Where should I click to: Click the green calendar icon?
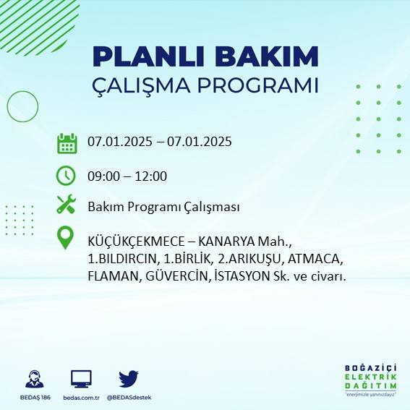(x=67, y=143)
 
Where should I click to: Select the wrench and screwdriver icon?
(x=67, y=205)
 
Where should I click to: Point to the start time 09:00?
(x=103, y=176)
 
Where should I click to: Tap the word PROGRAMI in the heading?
(x=255, y=85)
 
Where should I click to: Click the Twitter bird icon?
(x=129, y=378)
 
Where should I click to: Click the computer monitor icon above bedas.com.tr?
(x=81, y=378)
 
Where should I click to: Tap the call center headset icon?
(x=33, y=378)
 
